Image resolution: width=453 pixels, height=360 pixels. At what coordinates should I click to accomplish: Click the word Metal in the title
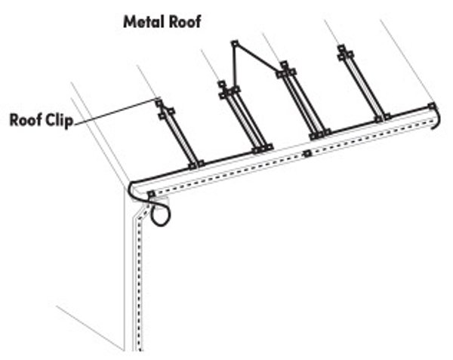point(141,22)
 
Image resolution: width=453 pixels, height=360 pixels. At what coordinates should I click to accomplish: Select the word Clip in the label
point(60,121)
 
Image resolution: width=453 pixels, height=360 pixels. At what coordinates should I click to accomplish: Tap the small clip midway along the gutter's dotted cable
point(307,155)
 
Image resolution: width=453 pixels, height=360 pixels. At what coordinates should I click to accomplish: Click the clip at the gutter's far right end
point(431,106)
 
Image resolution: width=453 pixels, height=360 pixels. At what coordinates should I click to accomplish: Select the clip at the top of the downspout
point(151,195)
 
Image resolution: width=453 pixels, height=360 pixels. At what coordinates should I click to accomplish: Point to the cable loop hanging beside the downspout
point(160,214)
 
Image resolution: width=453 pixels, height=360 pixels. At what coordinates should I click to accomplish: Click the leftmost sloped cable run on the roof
point(178,136)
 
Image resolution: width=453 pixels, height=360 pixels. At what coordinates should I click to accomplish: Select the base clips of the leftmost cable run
point(196,164)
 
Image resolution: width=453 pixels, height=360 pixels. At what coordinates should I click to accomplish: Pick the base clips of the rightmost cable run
point(383,117)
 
